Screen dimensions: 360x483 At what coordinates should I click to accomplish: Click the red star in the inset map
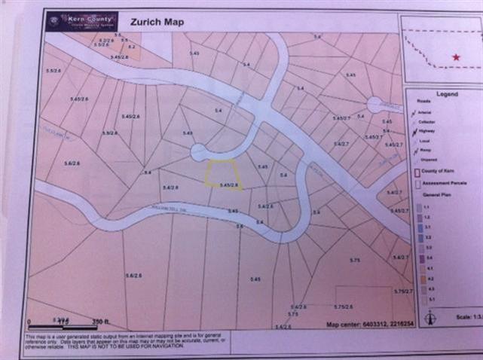(455, 57)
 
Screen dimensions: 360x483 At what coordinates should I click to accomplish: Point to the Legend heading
(447, 94)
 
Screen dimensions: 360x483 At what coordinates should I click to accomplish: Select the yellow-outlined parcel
(222, 173)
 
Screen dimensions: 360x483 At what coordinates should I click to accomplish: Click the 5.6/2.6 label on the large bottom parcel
(134, 276)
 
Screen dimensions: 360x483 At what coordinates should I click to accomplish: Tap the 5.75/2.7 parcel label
(403, 291)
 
